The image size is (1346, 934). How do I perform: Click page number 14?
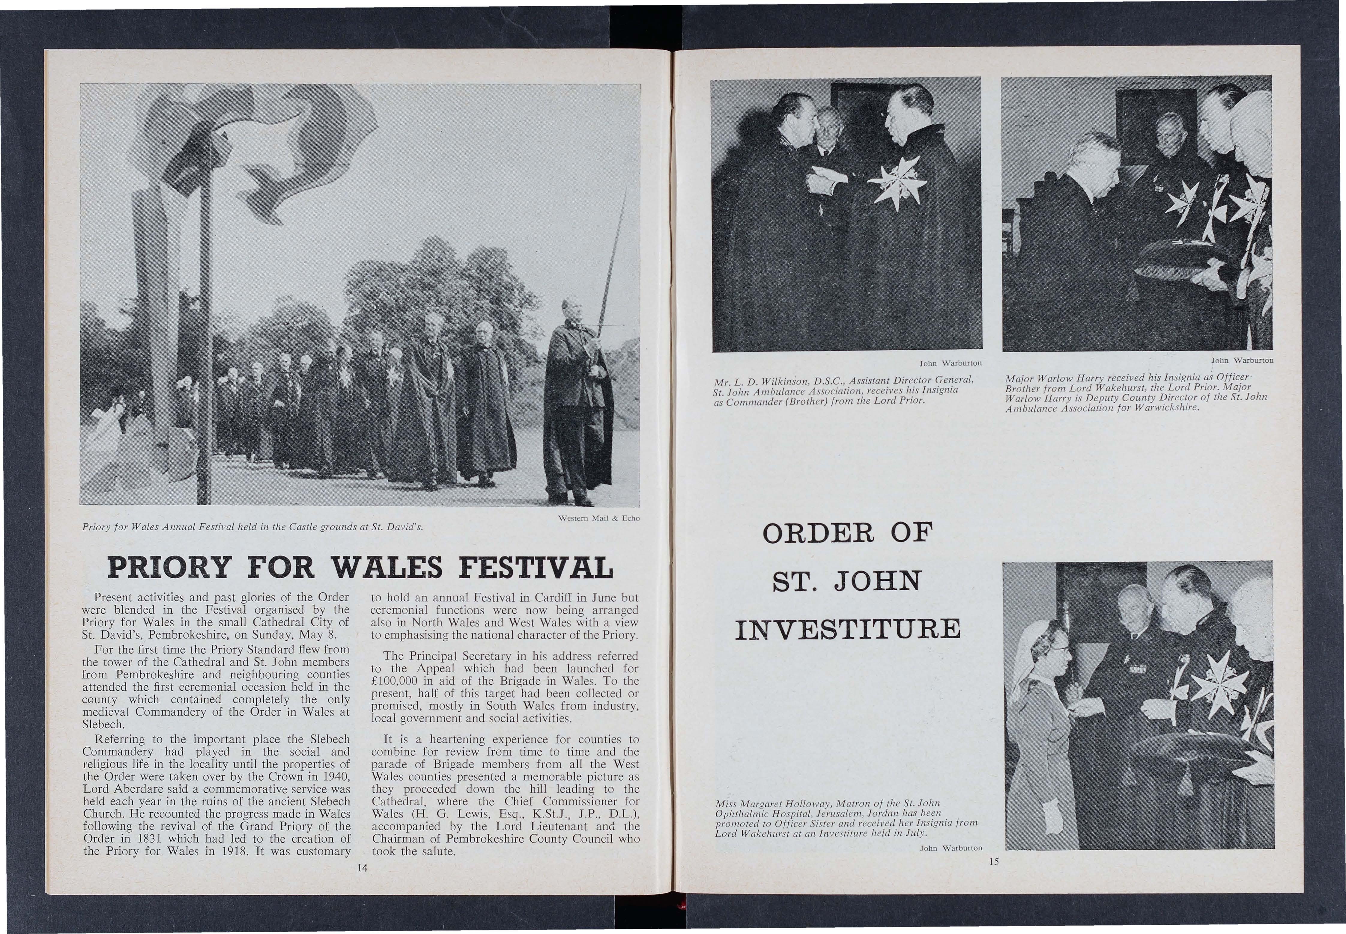[x=362, y=868]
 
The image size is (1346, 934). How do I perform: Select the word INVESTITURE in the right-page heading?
[x=847, y=629]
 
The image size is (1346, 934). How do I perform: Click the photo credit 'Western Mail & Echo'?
[x=599, y=518]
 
